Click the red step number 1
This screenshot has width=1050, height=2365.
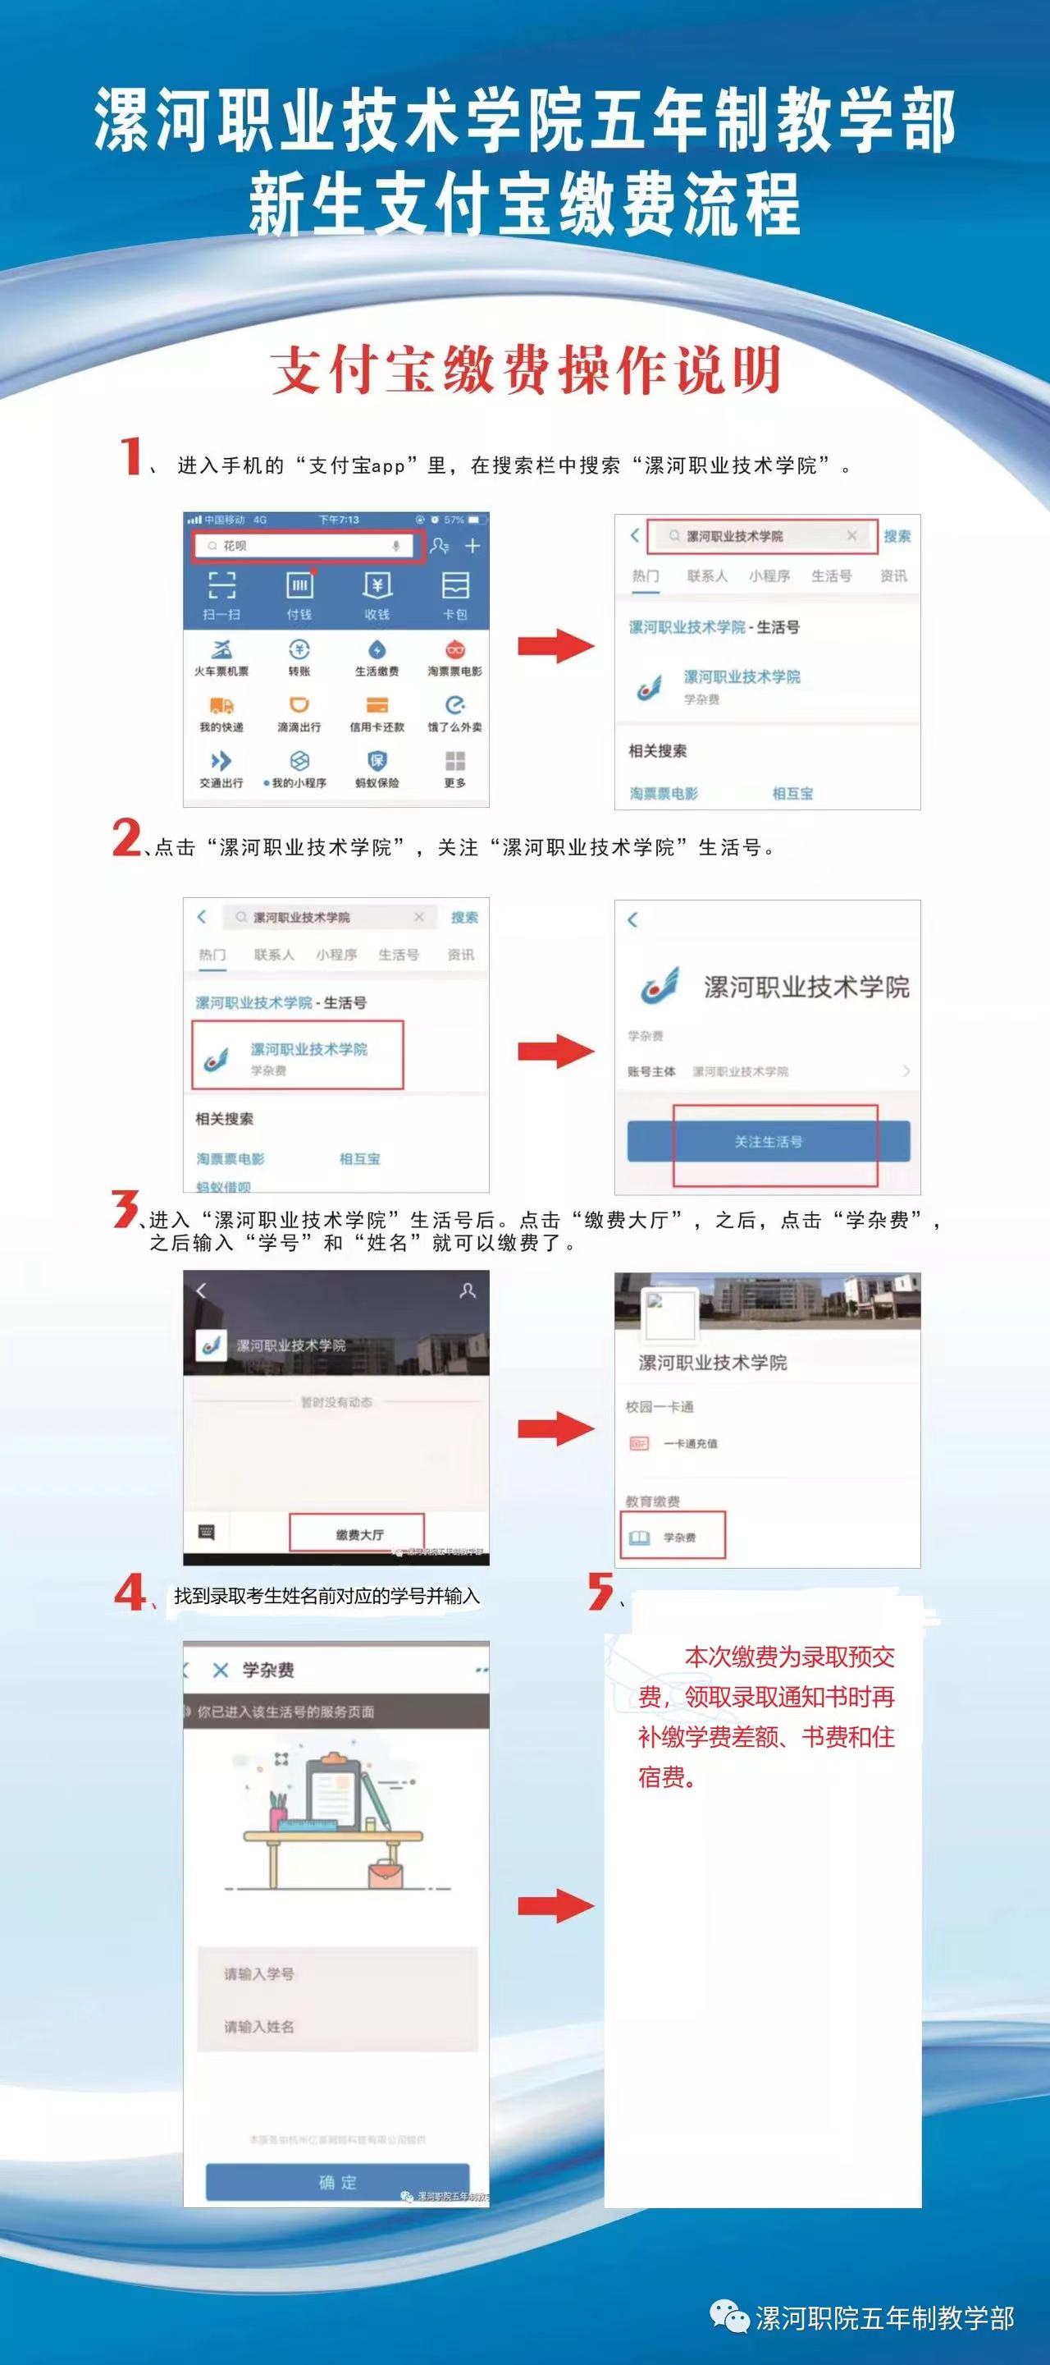(x=131, y=456)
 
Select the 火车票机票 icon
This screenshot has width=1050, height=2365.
(x=221, y=651)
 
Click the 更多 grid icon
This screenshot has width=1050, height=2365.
(x=455, y=762)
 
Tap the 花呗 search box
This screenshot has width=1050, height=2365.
(x=308, y=546)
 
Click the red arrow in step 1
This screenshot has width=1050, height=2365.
(x=555, y=645)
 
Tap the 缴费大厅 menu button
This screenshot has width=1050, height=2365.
(x=358, y=1534)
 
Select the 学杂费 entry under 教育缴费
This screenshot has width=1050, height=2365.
(x=673, y=1537)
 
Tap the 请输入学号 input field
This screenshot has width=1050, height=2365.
(x=338, y=1973)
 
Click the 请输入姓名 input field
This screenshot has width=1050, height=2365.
(x=338, y=2025)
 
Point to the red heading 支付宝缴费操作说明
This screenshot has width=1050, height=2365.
(x=525, y=370)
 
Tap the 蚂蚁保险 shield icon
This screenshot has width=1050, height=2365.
(x=377, y=762)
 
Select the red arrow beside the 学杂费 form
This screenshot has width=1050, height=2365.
(x=555, y=1905)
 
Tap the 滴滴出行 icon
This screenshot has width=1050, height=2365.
(x=299, y=706)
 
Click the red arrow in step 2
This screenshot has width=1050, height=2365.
(x=555, y=1052)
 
